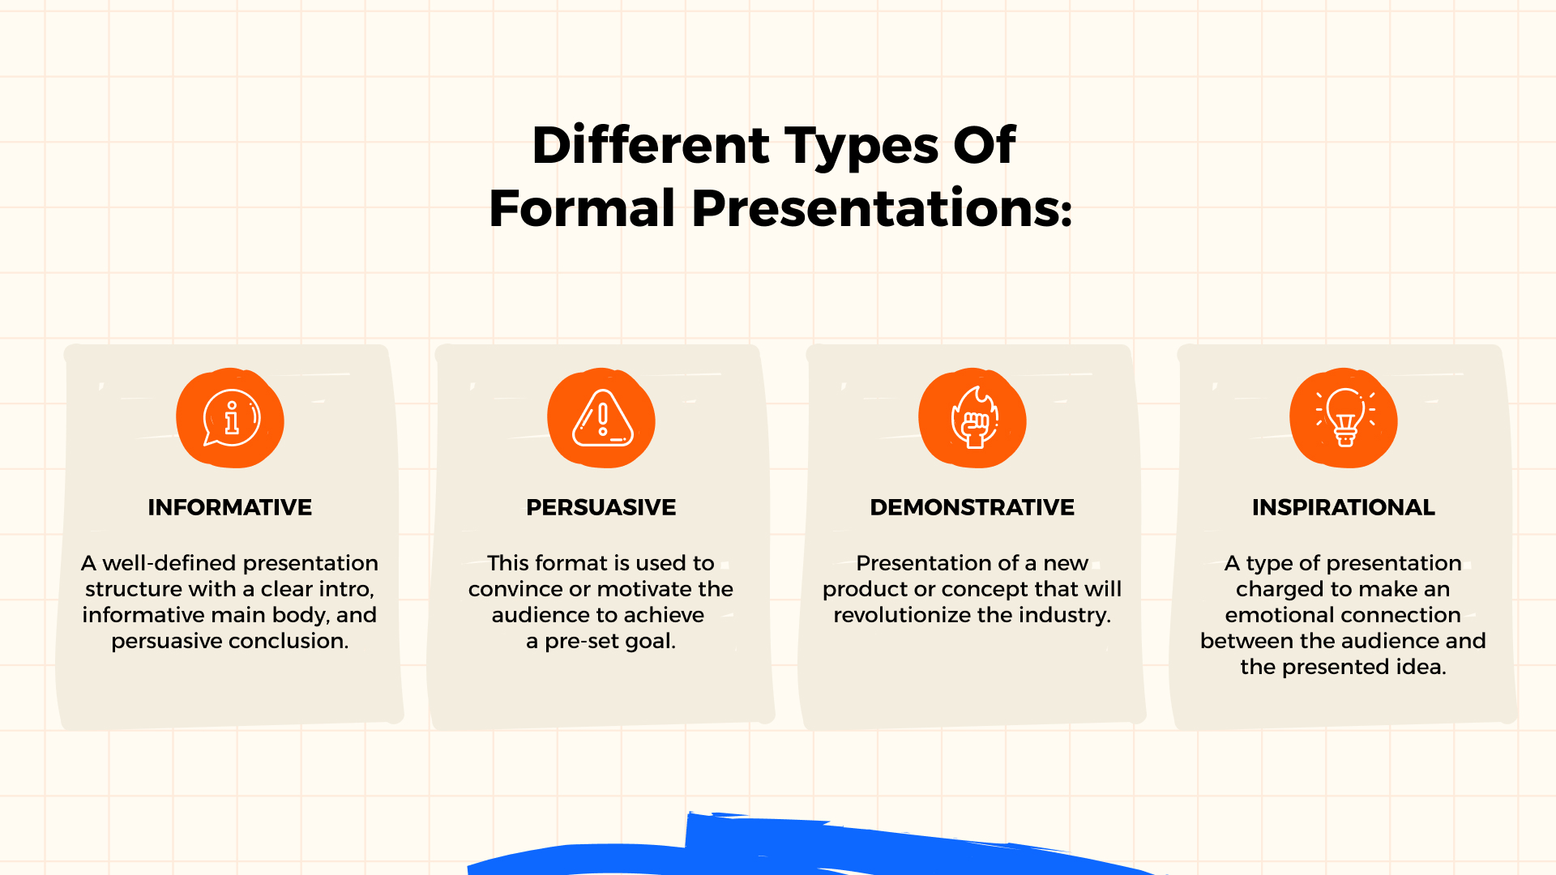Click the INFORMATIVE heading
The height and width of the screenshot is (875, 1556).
[x=229, y=507]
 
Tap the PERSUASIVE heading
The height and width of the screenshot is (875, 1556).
[x=601, y=507]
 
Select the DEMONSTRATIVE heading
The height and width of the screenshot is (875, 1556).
[x=972, y=507]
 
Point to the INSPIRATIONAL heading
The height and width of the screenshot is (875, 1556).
[x=1343, y=507]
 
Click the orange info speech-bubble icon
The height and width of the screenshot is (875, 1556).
[x=231, y=418]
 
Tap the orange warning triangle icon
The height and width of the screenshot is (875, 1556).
[x=601, y=418]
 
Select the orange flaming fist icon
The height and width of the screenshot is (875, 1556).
[x=972, y=418]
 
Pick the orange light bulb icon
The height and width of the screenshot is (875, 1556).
[x=1344, y=418]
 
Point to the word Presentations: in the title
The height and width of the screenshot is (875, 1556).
[x=882, y=209]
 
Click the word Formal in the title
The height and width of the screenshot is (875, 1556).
[x=582, y=209]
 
